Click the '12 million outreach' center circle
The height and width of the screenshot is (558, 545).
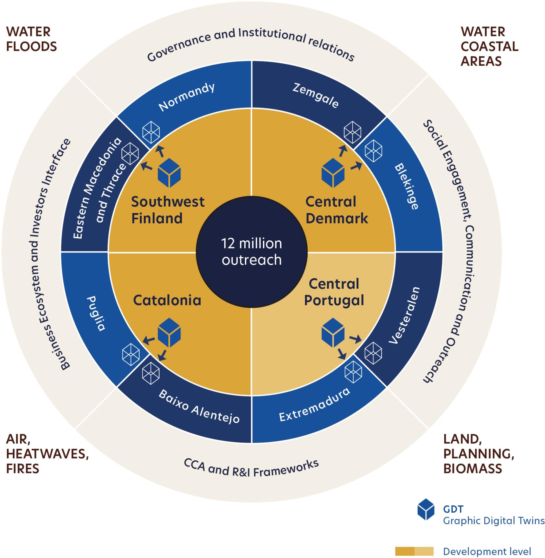(x=252, y=251)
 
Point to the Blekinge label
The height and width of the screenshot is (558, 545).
(x=407, y=186)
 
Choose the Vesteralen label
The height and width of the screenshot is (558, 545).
(x=404, y=315)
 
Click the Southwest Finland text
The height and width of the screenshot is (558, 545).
(x=168, y=210)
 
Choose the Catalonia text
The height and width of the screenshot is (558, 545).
(x=167, y=300)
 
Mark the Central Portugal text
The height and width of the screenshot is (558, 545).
(x=334, y=292)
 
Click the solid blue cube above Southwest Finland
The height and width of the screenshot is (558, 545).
(x=169, y=173)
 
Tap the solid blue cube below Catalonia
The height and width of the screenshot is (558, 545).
(x=169, y=332)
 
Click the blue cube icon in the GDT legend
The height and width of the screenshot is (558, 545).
(x=426, y=517)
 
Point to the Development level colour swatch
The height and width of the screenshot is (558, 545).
(x=414, y=551)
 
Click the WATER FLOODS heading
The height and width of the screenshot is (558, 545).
(x=31, y=39)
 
